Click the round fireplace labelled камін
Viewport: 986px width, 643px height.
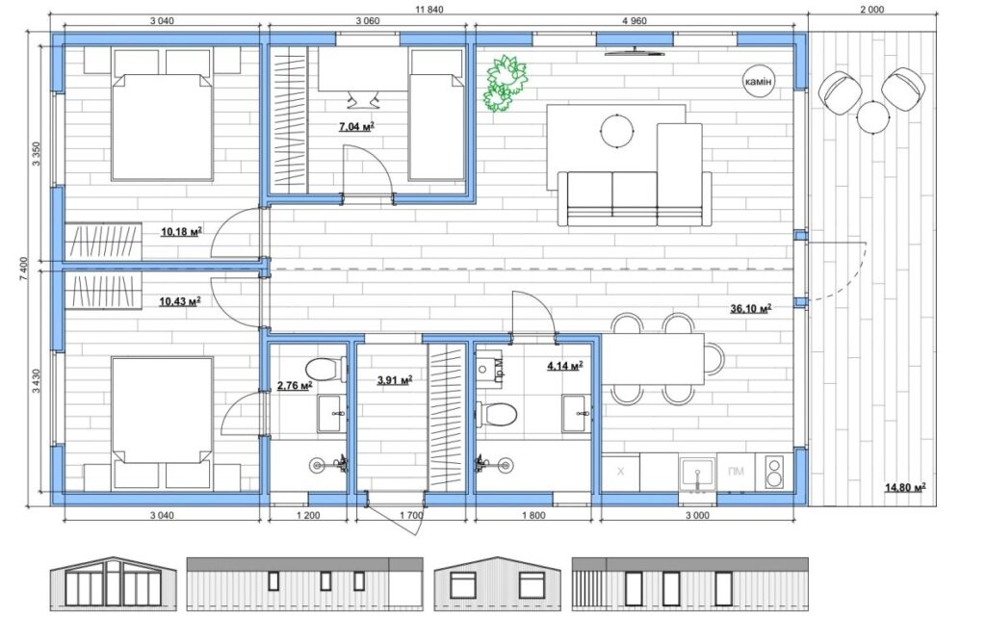pos(759,82)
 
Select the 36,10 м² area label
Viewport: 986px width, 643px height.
pos(751,309)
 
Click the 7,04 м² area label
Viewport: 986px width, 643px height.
pos(356,127)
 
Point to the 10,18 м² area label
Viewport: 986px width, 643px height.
pos(181,232)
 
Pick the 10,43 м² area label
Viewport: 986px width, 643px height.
pos(180,301)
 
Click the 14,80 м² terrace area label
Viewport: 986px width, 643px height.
pos(905,487)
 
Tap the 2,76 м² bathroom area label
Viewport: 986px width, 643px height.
pos(295,385)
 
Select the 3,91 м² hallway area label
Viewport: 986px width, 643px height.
pos(394,379)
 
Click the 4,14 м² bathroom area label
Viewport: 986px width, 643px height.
pos(564,366)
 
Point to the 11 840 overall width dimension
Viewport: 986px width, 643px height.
pos(429,10)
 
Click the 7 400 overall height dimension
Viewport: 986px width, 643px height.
pos(24,269)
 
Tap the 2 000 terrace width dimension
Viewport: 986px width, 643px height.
pos(871,10)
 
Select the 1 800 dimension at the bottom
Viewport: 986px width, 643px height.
pos(533,515)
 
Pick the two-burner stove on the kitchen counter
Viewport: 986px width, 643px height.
pos(774,472)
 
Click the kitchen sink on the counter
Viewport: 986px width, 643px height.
pos(697,473)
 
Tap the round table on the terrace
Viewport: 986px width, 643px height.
pos(872,116)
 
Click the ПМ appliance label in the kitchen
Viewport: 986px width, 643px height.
pos(735,472)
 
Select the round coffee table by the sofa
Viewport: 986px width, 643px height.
pos(617,130)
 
